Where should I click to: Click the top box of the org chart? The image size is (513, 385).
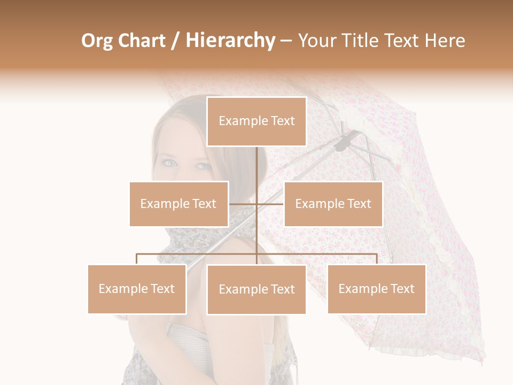(x=256, y=121)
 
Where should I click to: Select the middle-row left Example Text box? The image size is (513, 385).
(x=178, y=204)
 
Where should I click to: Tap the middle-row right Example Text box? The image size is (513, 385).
(x=333, y=204)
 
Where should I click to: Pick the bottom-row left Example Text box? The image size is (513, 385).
(x=137, y=289)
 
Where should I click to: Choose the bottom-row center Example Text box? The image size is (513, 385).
(x=256, y=289)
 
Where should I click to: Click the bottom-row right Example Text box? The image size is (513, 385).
(x=376, y=289)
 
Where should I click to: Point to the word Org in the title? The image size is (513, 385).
(x=97, y=41)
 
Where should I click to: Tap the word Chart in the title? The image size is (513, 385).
(x=142, y=41)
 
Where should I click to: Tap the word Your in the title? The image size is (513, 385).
(x=316, y=41)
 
